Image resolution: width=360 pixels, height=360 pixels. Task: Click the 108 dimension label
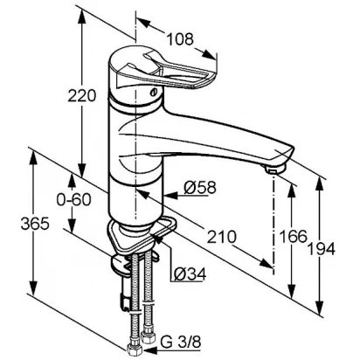coord(180,38)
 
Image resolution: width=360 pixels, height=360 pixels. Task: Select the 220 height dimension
coord(81,95)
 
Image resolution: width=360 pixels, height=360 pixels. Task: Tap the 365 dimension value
coord(35,224)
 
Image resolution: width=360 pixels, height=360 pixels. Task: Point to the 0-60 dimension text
coord(73,200)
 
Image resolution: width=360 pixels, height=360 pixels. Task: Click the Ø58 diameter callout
coord(200,188)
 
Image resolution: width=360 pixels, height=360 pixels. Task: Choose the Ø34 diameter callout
coord(190,273)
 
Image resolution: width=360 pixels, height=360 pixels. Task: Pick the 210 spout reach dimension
coord(221,237)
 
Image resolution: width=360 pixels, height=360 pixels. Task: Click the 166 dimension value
coord(294,236)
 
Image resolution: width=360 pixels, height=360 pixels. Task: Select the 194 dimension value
coord(322,249)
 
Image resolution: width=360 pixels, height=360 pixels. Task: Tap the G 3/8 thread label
coord(181,343)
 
